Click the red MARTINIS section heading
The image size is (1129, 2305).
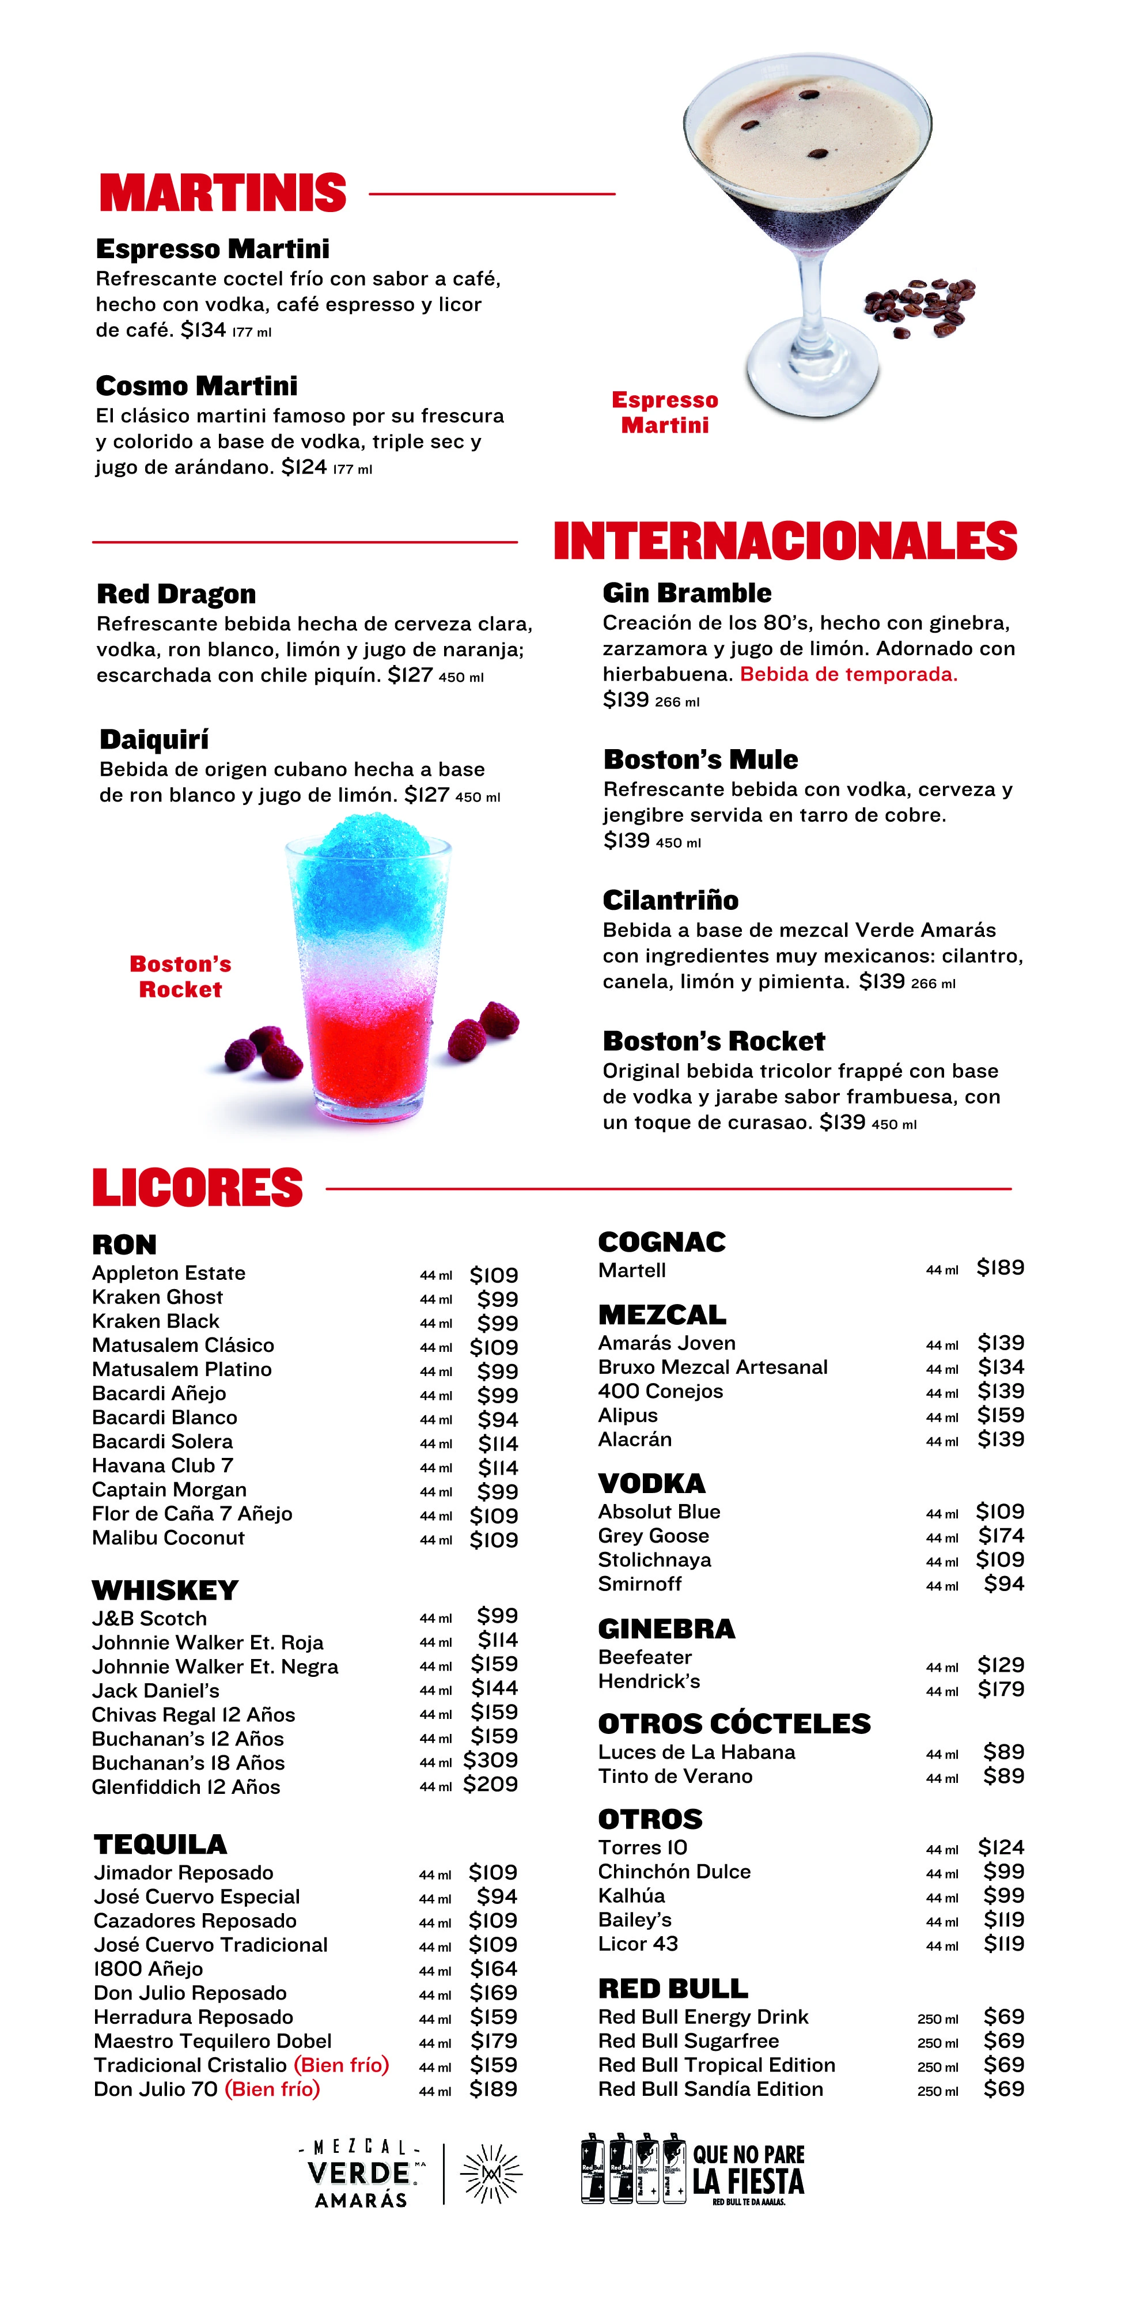click(223, 193)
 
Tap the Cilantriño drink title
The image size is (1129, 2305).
click(670, 900)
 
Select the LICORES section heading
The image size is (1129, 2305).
click(198, 1188)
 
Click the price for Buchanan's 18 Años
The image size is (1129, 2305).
click(490, 1760)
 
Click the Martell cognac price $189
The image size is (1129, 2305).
click(1000, 1268)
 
